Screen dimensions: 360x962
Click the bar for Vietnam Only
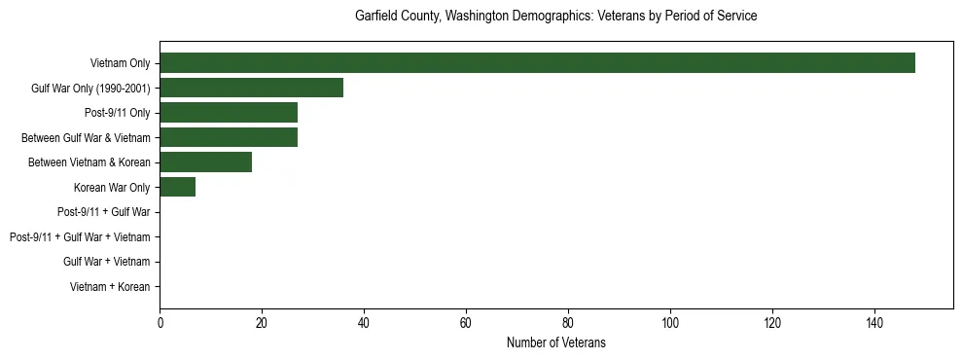[x=537, y=63]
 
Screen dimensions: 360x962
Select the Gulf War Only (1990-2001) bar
[x=251, y=89]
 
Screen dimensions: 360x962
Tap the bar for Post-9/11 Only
[x=229, y=113]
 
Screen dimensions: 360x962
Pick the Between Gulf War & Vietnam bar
[x=229, y=138]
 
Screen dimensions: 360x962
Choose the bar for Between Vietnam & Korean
[x=205, y=162]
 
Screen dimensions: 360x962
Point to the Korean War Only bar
[x=177, y=188]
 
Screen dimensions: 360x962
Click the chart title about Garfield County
[x=555, y=17]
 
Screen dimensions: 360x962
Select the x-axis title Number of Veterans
[x=555, y=342]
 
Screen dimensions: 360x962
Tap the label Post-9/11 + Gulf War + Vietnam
[x=80, y=237]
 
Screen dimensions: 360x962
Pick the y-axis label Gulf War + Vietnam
[x=106, y=262]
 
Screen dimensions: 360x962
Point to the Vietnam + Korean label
[x=110, y=287]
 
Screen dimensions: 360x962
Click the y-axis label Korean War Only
[x=112, y=188]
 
